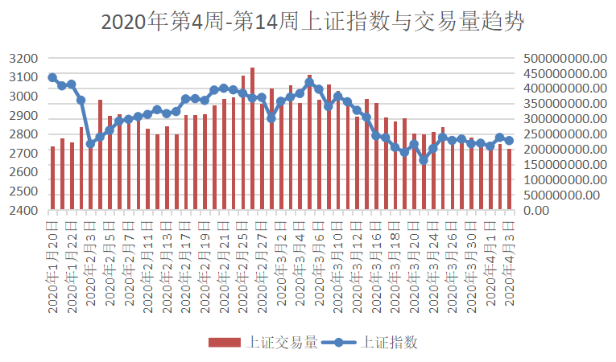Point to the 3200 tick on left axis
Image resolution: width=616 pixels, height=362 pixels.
pyautogui.click(x=24, y=59)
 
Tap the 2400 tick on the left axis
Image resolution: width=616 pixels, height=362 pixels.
pyautogui.click(x=24, y=211)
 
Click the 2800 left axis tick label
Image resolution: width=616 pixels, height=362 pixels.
pyautogui.click(x=24, y=134)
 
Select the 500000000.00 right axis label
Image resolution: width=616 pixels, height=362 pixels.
pyautogui.click(x=563, y=59)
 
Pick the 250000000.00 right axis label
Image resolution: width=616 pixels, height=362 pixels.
pyautogui.click(x=563, y=134)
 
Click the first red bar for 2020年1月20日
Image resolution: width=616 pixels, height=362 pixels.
pyautogui.click(x=52, y=178)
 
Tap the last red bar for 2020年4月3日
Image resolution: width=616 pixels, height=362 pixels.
pyautogui.click(x=509, y=179)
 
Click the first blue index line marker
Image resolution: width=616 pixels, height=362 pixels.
pyautogui.click(x=52, y=77)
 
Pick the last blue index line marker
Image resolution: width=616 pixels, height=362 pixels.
pyautogui.click(x=509, y=141)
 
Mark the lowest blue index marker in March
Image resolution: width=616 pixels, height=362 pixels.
pyautogui.click(x=424, y=160)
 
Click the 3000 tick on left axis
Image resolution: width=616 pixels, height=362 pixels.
pyautogui.click(x=24, y=97)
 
